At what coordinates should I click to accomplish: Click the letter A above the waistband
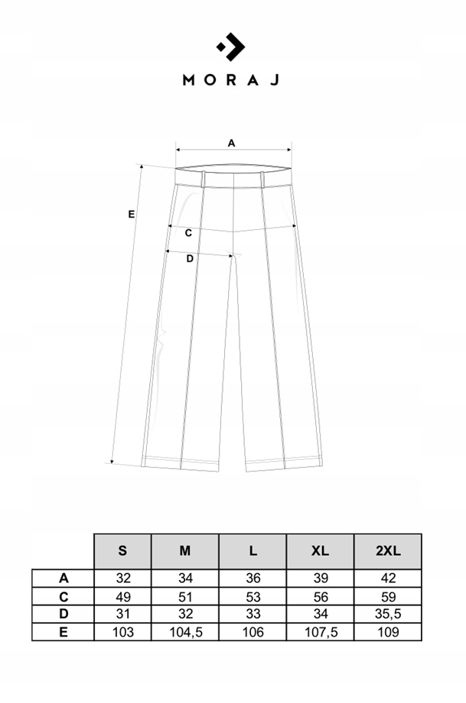[231, 142]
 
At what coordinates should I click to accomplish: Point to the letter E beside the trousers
[132, 215]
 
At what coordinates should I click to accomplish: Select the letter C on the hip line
[188, 232]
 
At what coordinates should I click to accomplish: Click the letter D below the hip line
[191, 258]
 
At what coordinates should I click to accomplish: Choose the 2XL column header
[388, 551]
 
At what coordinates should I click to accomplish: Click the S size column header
[122, 551]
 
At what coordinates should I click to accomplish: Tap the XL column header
[321, 551]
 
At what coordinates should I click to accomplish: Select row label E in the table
[63, 632]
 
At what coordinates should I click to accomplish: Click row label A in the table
[63, 578]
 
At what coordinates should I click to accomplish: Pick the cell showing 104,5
[185, 632]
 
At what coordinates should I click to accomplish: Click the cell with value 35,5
[388, 614]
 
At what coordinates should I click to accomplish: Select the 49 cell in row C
[122, 596]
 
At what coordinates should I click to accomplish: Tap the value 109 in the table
[388, 632]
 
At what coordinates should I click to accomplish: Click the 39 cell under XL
[321, 578]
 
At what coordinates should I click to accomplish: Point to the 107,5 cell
[321, 632]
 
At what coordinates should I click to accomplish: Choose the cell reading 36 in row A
[253, 578]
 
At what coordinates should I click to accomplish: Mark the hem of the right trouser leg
[283, 463]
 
